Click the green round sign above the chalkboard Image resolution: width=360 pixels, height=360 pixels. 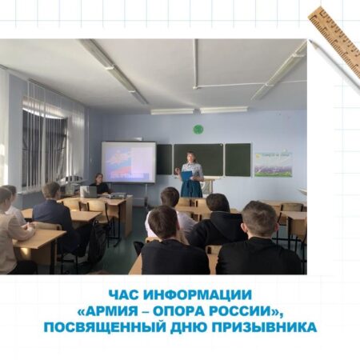198,130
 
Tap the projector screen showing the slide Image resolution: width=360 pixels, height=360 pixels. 128,162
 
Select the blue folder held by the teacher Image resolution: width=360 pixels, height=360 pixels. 186,176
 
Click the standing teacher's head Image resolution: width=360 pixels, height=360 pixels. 190,157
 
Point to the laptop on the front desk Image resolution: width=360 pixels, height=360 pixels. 89,192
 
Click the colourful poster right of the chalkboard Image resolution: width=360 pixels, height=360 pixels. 274,165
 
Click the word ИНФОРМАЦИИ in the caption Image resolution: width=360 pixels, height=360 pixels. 198,295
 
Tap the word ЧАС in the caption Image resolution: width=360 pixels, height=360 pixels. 124,295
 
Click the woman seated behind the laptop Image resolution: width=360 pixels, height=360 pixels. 100,183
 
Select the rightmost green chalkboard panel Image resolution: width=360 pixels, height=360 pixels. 238,159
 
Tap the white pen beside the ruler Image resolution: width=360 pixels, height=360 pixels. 334,66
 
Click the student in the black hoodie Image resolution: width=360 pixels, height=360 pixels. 218,221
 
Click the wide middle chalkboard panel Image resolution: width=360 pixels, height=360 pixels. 198,159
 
